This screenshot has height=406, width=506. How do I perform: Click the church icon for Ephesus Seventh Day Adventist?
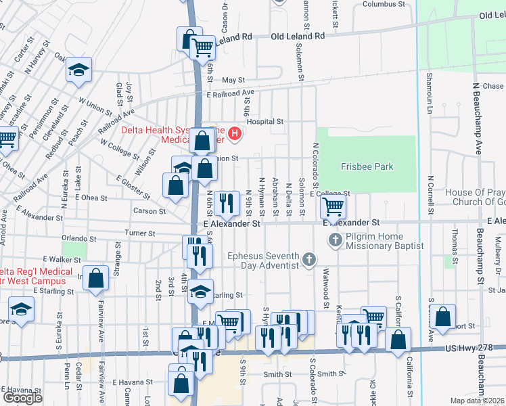tap(308, 259)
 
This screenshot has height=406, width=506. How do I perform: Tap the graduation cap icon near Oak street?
tap(78, 70)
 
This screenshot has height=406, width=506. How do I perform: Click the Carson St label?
tap(149, 211)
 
